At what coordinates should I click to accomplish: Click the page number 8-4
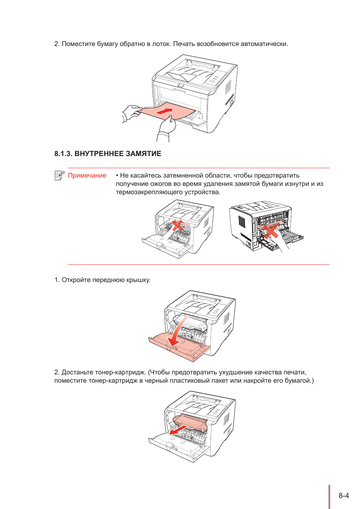[x=343, y=495]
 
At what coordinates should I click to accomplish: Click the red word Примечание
[x=87, y=175]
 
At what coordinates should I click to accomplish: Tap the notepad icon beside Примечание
[x=59, y=175]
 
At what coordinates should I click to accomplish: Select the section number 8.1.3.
[x=63, y=153]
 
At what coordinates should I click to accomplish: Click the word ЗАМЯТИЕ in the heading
[x=143, y=153]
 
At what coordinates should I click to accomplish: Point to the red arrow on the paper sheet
[x=164, y=111]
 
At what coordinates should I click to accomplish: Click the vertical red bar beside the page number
[x=329, y=497]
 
